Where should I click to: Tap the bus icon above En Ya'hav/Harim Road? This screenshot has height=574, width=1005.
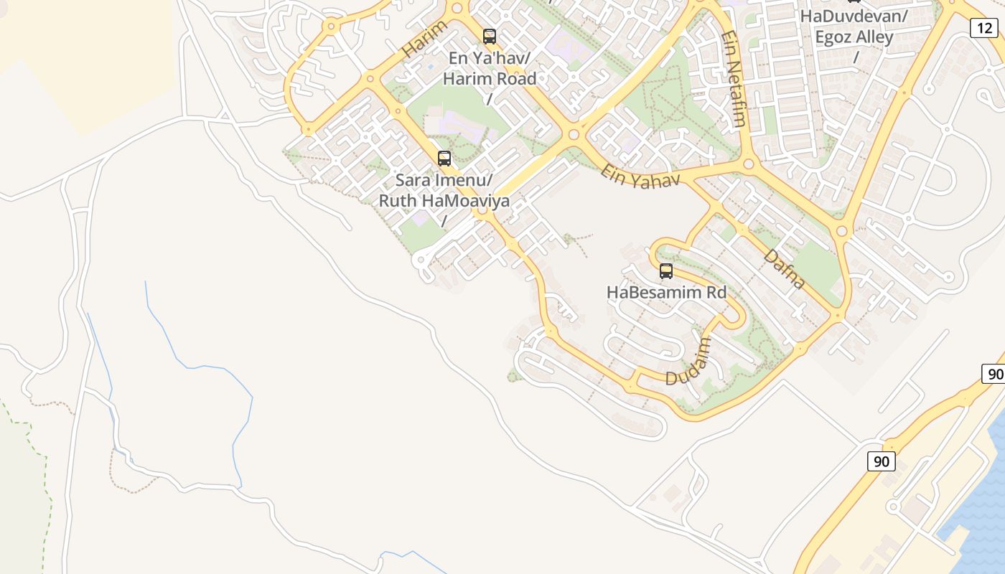(490, 36)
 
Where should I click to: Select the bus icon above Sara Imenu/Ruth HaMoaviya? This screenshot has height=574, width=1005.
(444, 159)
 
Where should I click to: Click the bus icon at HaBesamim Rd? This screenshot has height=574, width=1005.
(666, 271)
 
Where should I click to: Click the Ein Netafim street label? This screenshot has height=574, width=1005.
(734, 79)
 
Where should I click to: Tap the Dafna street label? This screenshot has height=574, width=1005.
(784, 268)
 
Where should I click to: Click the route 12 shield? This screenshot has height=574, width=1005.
(983, 28)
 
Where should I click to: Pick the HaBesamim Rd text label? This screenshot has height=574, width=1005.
(666, 292)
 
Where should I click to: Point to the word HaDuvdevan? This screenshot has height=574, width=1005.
(852, 16)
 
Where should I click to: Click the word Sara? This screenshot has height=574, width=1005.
(413, 179)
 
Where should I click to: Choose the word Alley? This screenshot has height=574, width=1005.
(875, 37)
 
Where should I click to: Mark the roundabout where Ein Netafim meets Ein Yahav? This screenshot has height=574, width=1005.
(749, 164)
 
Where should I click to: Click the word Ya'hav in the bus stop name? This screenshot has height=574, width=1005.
(502, 57)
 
